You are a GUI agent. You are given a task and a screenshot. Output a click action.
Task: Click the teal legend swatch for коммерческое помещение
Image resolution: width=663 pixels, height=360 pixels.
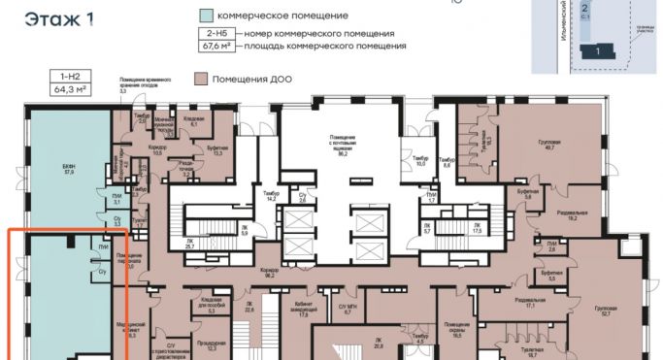coord(207,16)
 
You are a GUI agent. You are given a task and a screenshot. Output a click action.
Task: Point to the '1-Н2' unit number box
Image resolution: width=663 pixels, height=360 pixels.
coord(70,75)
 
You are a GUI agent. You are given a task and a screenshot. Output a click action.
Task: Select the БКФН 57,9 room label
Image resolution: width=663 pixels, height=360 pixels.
coord(69,169)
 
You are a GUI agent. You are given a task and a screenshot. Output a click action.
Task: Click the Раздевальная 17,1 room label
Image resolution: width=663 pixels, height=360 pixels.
coord(528,303)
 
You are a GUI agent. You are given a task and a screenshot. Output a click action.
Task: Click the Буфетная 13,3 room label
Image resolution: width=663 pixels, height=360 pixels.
coord(216,150)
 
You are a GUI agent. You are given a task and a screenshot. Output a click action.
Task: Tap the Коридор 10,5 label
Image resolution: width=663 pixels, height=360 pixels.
coord(158,150)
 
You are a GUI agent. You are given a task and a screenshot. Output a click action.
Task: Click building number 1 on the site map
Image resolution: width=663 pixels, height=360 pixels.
coord(599,49)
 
